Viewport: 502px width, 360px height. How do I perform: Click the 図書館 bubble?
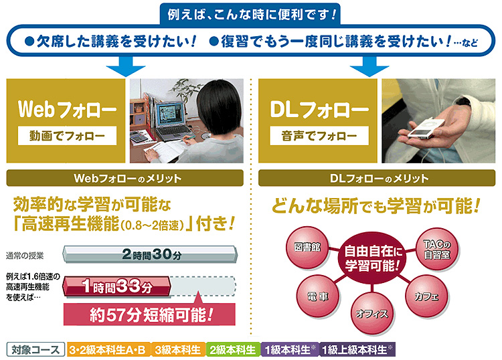[x=308, y=247]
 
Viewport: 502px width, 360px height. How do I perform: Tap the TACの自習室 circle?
[x=437, y=250]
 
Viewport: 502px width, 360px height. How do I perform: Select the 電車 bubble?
[x=318, y=296]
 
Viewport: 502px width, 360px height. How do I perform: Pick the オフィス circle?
[x=372, y=314]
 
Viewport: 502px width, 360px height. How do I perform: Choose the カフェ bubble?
[x=427, y=296]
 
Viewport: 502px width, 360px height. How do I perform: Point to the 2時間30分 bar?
[x=150, y=255]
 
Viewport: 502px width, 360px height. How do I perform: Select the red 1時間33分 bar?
[x=116, y=286]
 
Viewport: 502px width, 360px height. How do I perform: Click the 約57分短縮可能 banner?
[x=149, y=314]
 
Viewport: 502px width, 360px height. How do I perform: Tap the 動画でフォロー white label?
[x=67, y=136]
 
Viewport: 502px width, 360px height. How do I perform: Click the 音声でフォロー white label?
[x=319, y=136]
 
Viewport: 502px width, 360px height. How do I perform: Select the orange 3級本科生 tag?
[x=177, y=349]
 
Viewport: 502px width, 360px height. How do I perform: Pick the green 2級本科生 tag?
[x=233, y=349]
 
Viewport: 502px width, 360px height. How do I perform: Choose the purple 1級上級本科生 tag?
[x=357, y=349]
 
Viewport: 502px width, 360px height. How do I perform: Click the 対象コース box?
[x=35, y=349]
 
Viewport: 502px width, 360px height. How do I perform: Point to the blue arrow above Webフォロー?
[x=126, y=66]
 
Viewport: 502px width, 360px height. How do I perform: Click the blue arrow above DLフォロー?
[x=369, y=66]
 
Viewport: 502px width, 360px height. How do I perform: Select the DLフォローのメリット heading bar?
[x=377, y=178]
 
